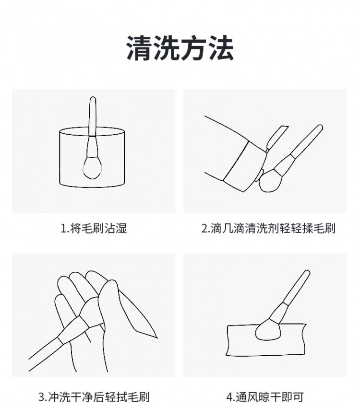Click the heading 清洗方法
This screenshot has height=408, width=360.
pyautogui.click(x=180, y=48)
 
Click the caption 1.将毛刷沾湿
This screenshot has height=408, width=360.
pyautogui.click(x=94, y=228)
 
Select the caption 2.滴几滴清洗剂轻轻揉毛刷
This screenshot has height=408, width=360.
pyautogui.click(x=268, y=228)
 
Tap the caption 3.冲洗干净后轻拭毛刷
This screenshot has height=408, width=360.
pyautogui.click(x=94, y=397)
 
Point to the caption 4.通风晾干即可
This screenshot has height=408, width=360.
pyautogui.click(x=265, y=397)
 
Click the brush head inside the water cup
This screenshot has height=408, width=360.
pyautogui.click(x=92, y=167)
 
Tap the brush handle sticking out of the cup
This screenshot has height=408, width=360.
pyautogui.click(x=93, y=117)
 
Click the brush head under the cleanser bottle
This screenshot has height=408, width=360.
pyautogui.click(x=270, y=181)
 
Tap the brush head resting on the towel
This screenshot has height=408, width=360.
pyautogui.click(x=269, y=331)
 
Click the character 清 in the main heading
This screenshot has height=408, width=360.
pyautogui.click(x=140, y=48)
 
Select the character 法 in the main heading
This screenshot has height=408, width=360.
pyautogui.click(x=220, y=48)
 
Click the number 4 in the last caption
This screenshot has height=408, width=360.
pyautogui.click(x=229, y=397)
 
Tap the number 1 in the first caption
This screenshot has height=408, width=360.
pyautogui.click(x=63, y=229)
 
